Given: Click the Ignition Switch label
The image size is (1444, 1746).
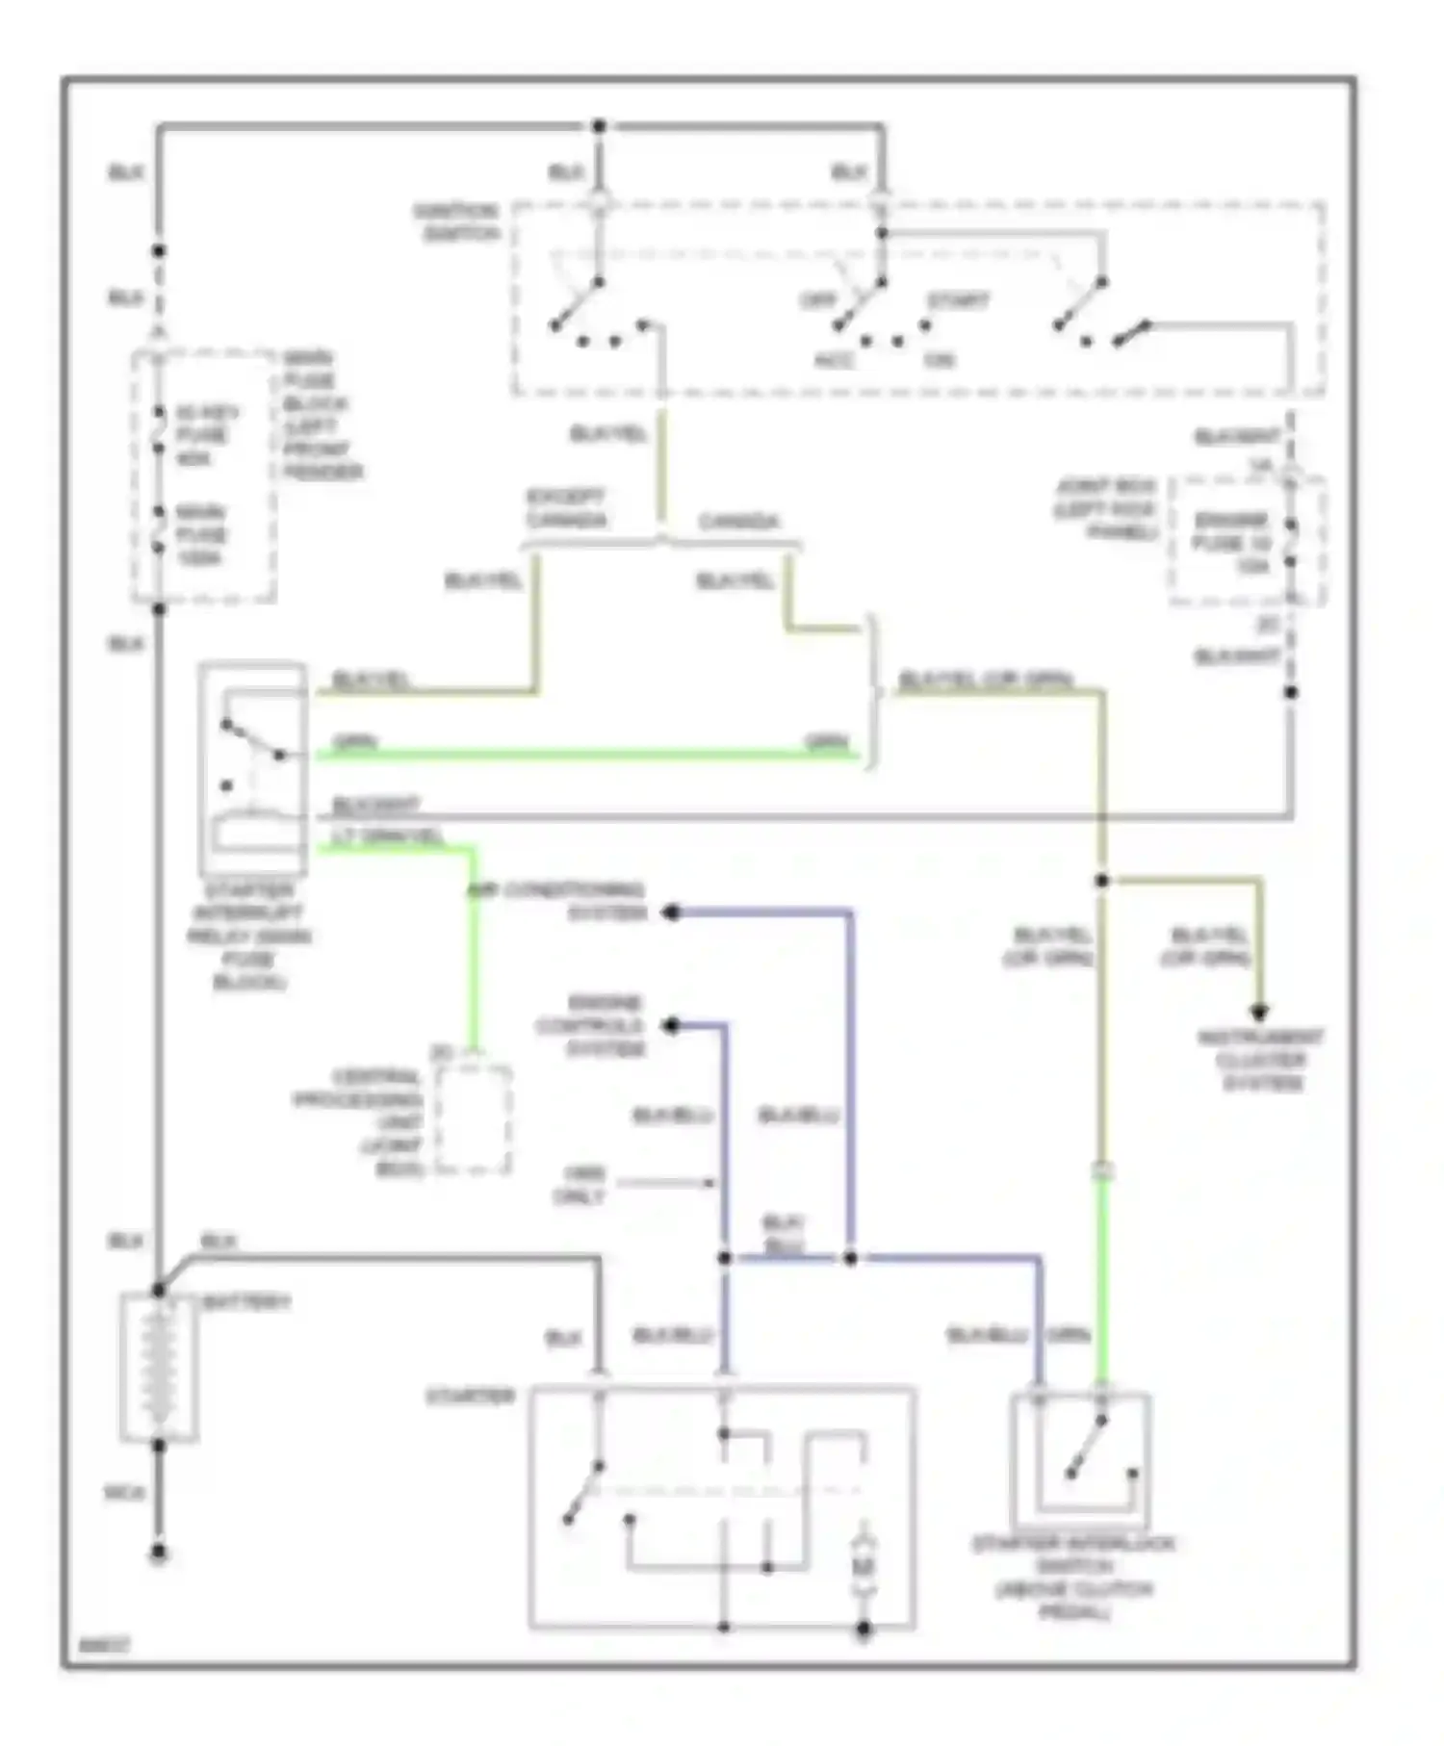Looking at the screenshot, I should point(456,223).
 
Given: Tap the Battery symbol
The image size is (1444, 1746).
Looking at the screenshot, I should point(159,1368).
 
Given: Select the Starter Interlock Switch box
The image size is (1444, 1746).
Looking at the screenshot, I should point(1081,1461).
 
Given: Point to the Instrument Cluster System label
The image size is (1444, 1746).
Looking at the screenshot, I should point(1261,1061).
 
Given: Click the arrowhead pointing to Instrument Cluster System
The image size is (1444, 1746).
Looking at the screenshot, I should point(1258,1014).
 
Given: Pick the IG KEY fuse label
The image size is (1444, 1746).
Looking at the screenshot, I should point(201,435).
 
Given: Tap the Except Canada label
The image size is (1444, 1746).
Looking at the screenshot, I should point(565,509).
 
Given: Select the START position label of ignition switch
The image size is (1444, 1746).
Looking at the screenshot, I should point(958,301).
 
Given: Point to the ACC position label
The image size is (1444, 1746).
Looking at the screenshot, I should point(834,361).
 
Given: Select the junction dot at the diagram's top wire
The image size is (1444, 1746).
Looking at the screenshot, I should point(599,126).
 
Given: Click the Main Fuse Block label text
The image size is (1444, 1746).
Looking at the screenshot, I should point(322,416).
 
